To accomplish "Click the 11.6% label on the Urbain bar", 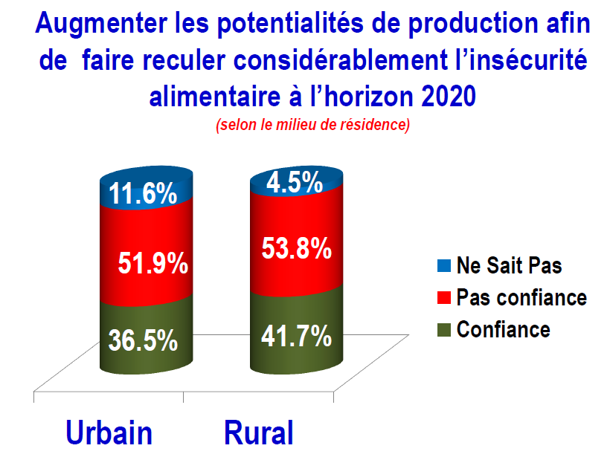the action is click(143, 193).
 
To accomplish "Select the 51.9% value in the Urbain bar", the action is click(153, 263).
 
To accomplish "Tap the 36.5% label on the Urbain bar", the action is click(143, 340).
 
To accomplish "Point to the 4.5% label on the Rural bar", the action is click(295, 182).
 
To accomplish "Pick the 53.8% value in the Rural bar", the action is click(296, 248).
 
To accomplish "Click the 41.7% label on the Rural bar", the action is click(296, 336).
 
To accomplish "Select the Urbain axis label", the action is click(109, 432).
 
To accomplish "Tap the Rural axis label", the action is click(259, 432).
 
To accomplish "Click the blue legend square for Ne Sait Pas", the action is click(444, 266).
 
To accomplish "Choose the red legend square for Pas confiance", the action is click(444, 298).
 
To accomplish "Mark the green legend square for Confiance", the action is click(444, 330).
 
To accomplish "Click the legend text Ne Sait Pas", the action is click(510, 266).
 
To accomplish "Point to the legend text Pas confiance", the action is click(521, 298).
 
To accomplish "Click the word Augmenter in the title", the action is click(101, 24).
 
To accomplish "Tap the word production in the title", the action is click(472, 24).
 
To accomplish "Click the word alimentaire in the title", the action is click(215, 96).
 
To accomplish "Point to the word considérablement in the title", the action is click(341, 60).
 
